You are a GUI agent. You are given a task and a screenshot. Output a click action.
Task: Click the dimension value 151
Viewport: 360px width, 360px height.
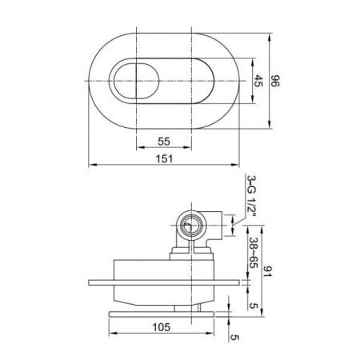[x=164, y=158]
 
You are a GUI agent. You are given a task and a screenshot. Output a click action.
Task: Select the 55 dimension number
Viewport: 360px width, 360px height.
[x=164, y=142]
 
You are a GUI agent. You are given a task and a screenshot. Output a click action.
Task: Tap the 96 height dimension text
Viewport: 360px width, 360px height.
[x=275, y=81]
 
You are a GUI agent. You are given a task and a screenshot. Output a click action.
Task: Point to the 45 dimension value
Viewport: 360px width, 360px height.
[x=258, y=81]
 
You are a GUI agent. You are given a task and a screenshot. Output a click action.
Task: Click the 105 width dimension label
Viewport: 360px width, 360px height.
[x=162, y=327]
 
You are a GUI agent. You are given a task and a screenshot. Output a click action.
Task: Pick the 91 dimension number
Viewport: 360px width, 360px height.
[x=266, y=271]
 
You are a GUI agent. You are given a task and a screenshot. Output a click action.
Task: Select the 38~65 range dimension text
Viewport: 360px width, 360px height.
[x=253, y=253]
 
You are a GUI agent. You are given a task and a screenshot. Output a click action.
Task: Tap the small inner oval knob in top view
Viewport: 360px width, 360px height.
[x=136, y=82]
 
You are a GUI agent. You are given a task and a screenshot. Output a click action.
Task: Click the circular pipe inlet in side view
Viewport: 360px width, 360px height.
[x=191, y=226]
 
